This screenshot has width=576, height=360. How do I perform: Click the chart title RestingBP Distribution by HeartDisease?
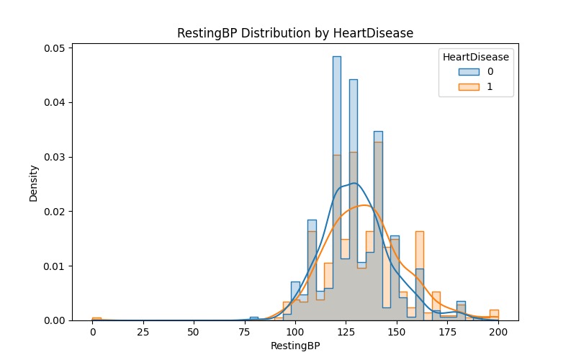click(x=295, y=33)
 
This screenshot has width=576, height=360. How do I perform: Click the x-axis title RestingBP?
click(x=295, y=346)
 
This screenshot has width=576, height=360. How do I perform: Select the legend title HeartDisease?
click(x=475, y=57)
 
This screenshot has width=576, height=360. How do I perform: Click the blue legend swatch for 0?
click(x=470, y=72)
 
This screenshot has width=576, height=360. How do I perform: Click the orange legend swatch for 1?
click(x=470, y=87)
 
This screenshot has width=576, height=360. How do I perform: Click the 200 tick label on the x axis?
click(x=498, y=333)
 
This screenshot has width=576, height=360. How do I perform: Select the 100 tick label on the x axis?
click(x=295, y=333)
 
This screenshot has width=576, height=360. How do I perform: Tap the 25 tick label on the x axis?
click(x=143, y=333)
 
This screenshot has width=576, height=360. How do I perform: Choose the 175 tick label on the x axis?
click(x=448, y=333)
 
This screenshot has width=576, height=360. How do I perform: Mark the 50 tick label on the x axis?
click(x=194, y=333)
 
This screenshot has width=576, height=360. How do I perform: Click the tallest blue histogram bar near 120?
click(x=336, y=108)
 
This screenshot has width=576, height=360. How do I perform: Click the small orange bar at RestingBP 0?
click(x=96, y=319)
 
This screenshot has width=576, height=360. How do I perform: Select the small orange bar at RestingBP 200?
click(x=494, y=315)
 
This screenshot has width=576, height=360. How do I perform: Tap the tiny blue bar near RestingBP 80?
click(x=253, y=318)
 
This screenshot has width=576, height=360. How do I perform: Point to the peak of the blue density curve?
click(x=353, y=183)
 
